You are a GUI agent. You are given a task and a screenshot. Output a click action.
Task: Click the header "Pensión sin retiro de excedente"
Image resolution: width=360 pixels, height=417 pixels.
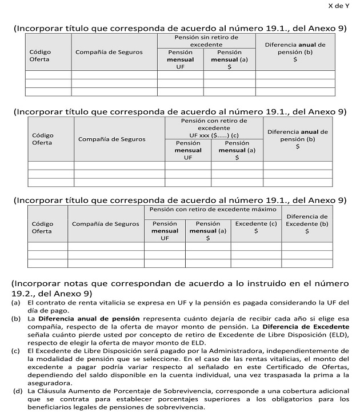tap(206, 40)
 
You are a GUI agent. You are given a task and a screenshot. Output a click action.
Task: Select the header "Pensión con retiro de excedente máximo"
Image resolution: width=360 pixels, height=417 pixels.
tap(213, 210)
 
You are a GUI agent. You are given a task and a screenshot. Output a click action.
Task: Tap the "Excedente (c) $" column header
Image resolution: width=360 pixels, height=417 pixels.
tap(255, 227)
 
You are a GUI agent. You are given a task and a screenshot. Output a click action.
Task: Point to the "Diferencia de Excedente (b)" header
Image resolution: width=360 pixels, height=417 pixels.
tap(306, 224)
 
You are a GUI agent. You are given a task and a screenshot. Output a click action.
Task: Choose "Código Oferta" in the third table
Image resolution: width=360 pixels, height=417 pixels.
tap(42, 227)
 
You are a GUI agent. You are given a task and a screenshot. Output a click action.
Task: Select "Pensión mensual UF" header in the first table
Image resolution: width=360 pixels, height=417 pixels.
tap(180, 59)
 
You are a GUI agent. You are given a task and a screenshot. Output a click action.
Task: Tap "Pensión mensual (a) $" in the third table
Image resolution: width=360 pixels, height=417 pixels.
tap(208, 231)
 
